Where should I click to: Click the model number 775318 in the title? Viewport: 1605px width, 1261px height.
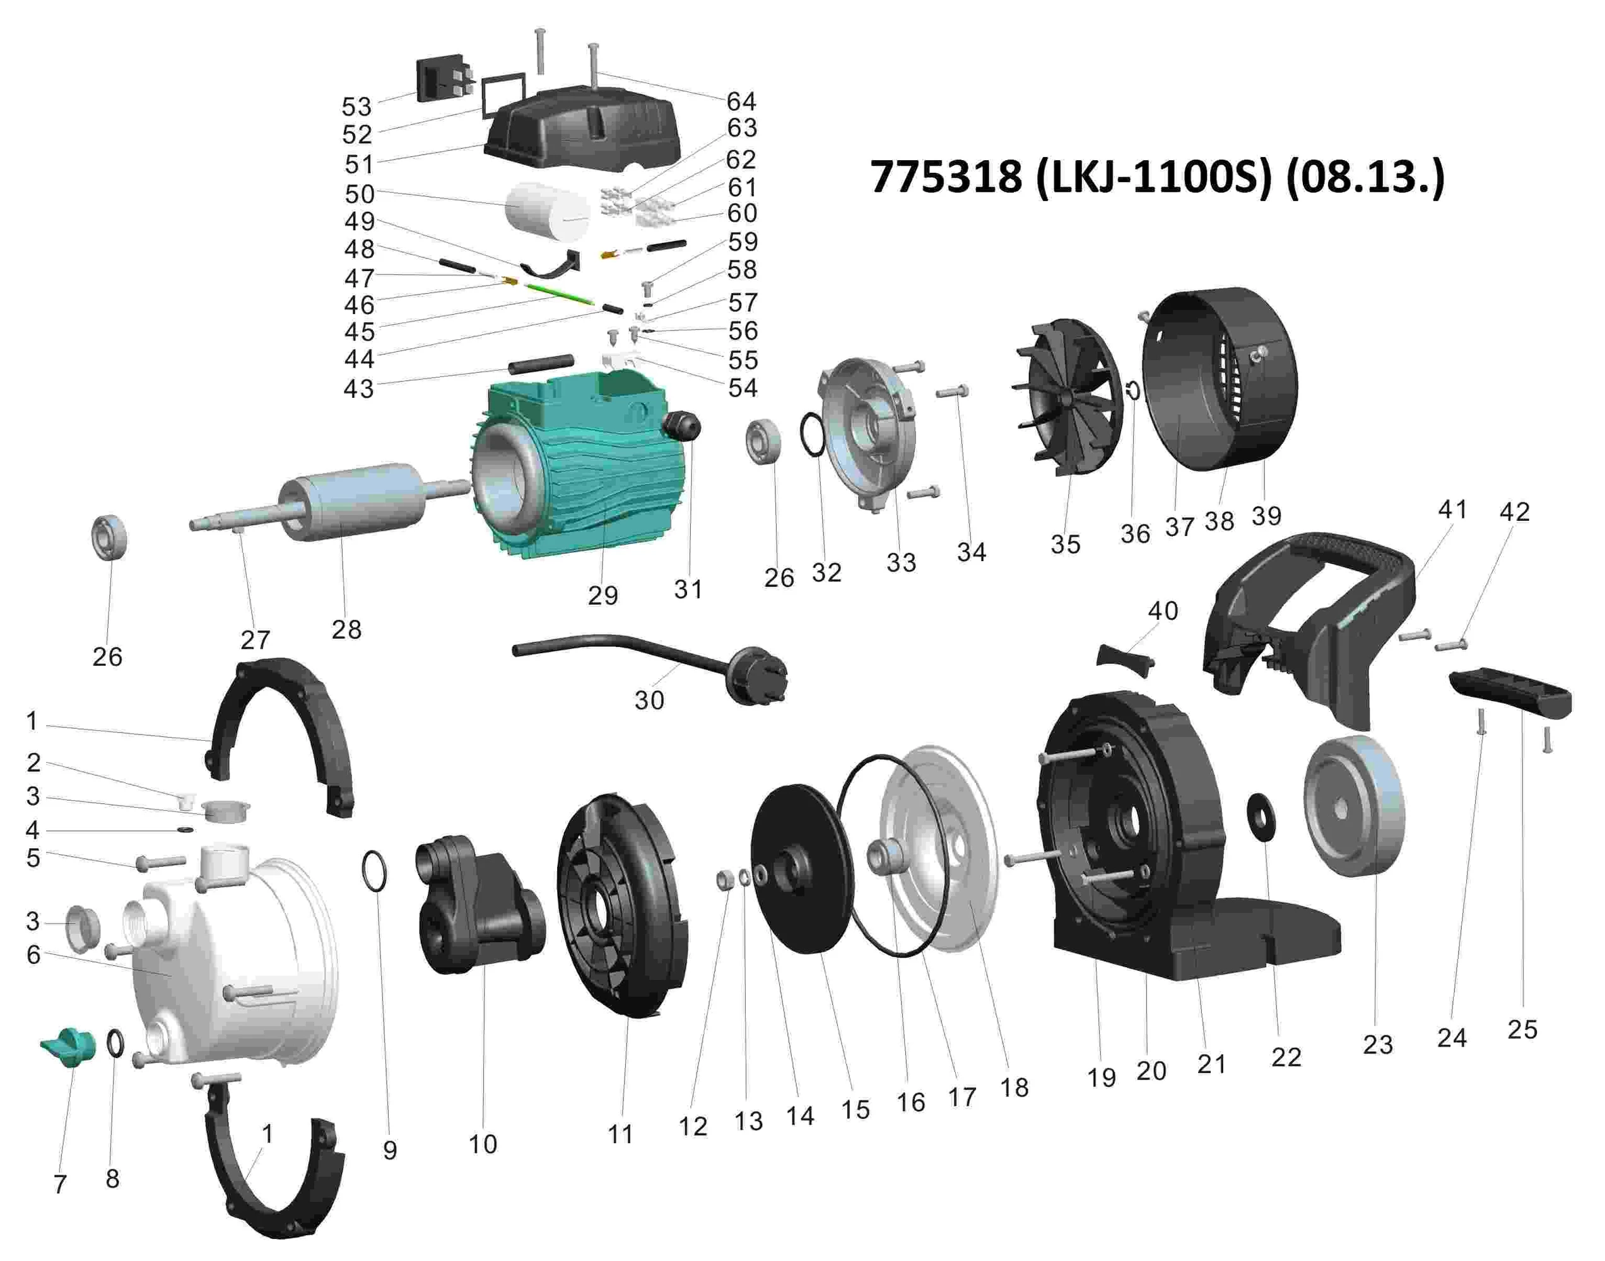[x=946, y=178]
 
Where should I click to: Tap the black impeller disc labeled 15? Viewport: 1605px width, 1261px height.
[x=804, y=869]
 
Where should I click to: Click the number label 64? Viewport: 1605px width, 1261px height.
[x=741, y=100]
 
